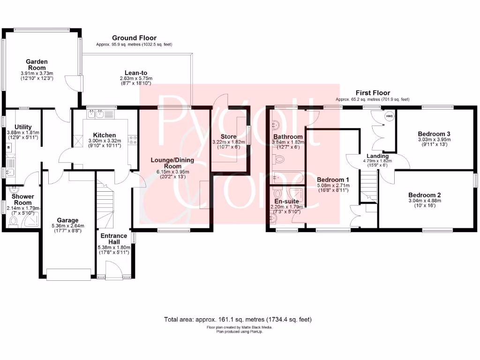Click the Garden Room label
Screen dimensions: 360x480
(37, 65)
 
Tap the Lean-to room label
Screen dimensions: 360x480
(133, 73)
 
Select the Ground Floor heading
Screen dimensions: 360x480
(134, 38)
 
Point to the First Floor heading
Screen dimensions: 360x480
(373, 93)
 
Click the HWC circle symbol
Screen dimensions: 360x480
(389, 116)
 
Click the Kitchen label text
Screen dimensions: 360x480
(104, 135)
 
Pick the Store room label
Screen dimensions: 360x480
(229, 136)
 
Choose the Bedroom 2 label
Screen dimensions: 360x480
(424, 195)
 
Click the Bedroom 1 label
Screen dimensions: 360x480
(333, 180)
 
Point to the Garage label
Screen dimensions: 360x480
(68, 220)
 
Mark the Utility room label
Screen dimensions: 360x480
(23, 127)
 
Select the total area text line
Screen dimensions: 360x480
(238, 319)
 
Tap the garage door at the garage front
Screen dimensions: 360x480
(68, 274)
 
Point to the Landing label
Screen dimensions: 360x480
(378, 156)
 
